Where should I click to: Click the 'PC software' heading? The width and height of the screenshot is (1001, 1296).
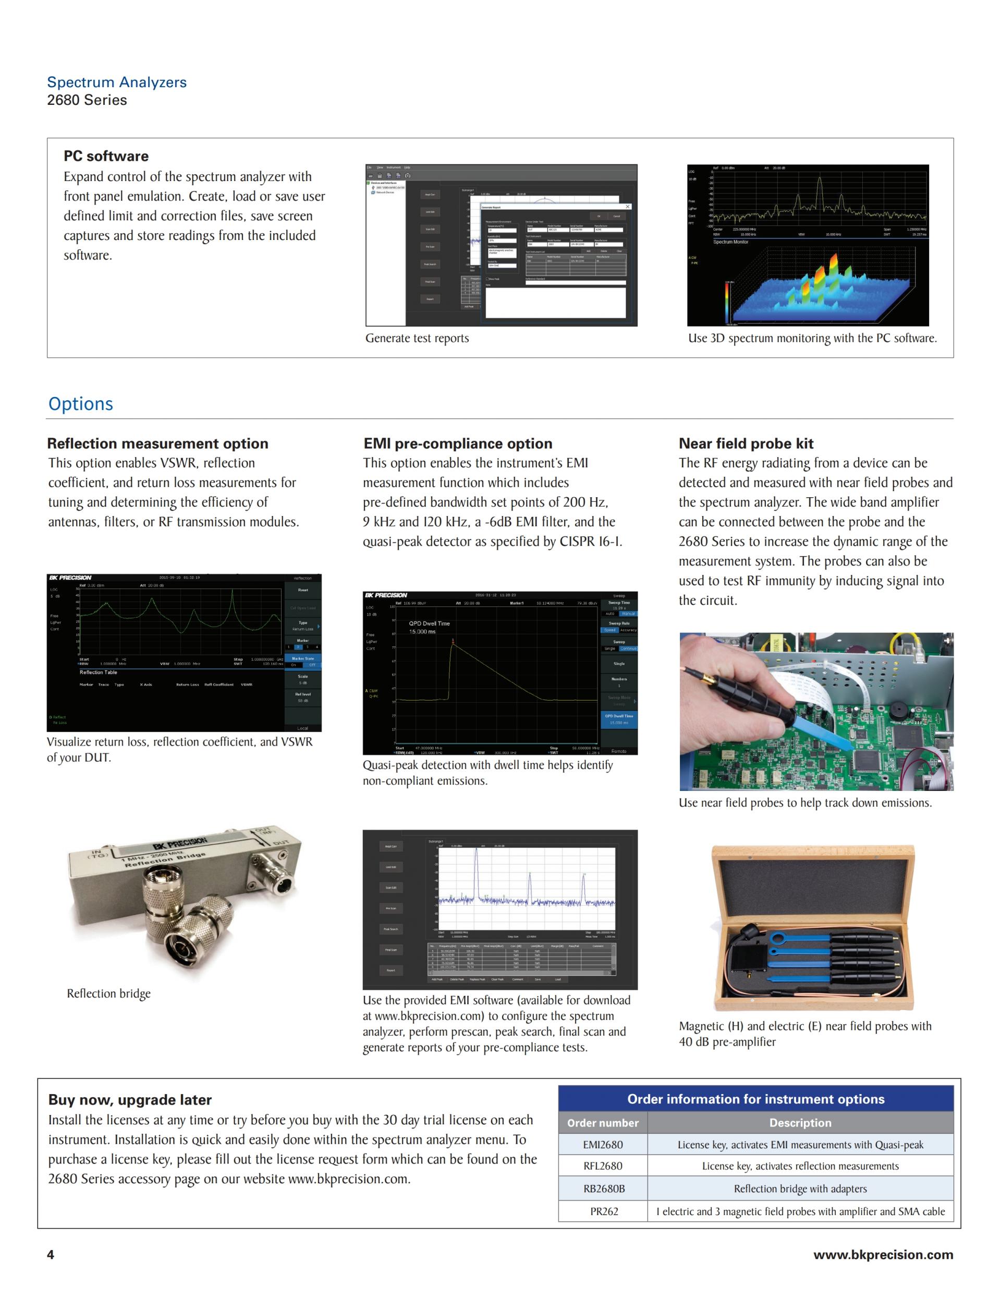pyautogui.click(x=106, y=156)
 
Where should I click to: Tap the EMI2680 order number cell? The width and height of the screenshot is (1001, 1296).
pyautogui.click(x=603, y=1145)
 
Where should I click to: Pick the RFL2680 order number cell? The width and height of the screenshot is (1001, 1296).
pyautogui.click(x=603, y=1166)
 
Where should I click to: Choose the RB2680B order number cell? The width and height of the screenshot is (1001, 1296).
pyautogui.click(x=603, y=1189)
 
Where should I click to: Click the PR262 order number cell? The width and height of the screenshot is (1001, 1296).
pyautogui.click(x=604, y=1211)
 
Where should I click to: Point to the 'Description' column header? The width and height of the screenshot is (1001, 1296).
pyautogui.click(x=800, y=1123)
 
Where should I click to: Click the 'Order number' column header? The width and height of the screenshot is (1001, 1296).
pyautogui.click(x=603, y=1123)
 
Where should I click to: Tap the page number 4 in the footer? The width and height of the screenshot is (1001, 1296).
pyautogui.click(x=51, y=1254)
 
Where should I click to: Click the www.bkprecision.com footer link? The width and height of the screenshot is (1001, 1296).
pyautogui.click(x=883, y=1254)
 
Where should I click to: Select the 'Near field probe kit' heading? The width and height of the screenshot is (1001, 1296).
pyautogui.click(x=746, y=443)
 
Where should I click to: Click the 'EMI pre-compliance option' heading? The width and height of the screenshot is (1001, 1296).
pyautogui.click(x=458, y=443)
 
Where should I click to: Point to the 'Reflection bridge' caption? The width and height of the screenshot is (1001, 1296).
pyautogui.click(x=108, y=993)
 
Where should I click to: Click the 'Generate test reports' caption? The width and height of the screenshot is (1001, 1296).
pyautogui.click(x=417, y=338)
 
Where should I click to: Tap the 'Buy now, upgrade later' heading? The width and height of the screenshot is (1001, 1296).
pyautogui.click(x=130, y=1100)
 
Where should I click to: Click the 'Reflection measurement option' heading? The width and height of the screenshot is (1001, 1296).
pyautogui.click(x=158, y=443)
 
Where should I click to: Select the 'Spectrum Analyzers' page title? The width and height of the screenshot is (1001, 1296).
pyautogui.click(x=117, y=82)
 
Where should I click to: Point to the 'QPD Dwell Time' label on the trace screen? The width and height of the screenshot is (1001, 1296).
pyautogui.click(x=430, y=623)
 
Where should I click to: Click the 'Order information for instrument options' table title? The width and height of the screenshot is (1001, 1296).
pyautogui.click(x=755, y=1099)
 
